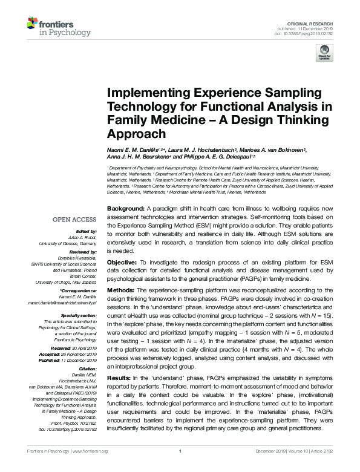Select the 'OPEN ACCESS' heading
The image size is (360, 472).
(75, 220)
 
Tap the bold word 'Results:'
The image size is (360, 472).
(121, 378)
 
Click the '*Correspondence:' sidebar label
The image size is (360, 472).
(79, 291)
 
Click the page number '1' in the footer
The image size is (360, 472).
(180, 468)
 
